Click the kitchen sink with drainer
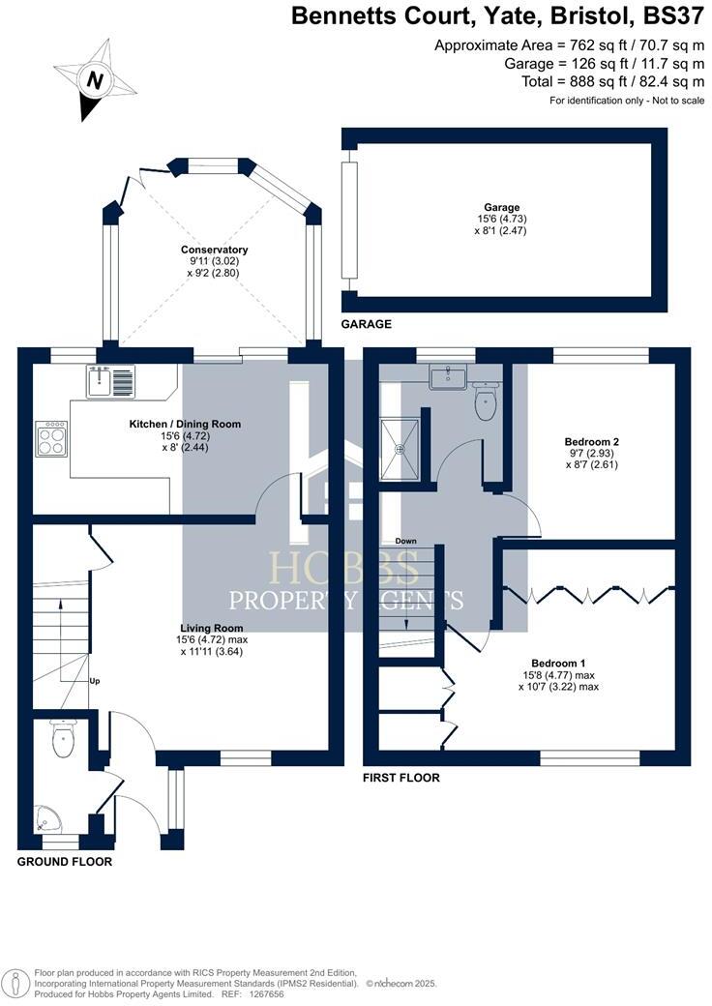(113, 382)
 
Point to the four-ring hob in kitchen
(52, 440)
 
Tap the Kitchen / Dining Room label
(185, 424)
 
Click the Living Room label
(212, 628)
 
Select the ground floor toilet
(63, 742)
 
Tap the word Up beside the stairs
(95, 681)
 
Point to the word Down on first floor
(405, 541)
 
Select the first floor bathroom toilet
(487, 403)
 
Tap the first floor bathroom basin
(449, 375)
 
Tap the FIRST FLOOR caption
(401, 778)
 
